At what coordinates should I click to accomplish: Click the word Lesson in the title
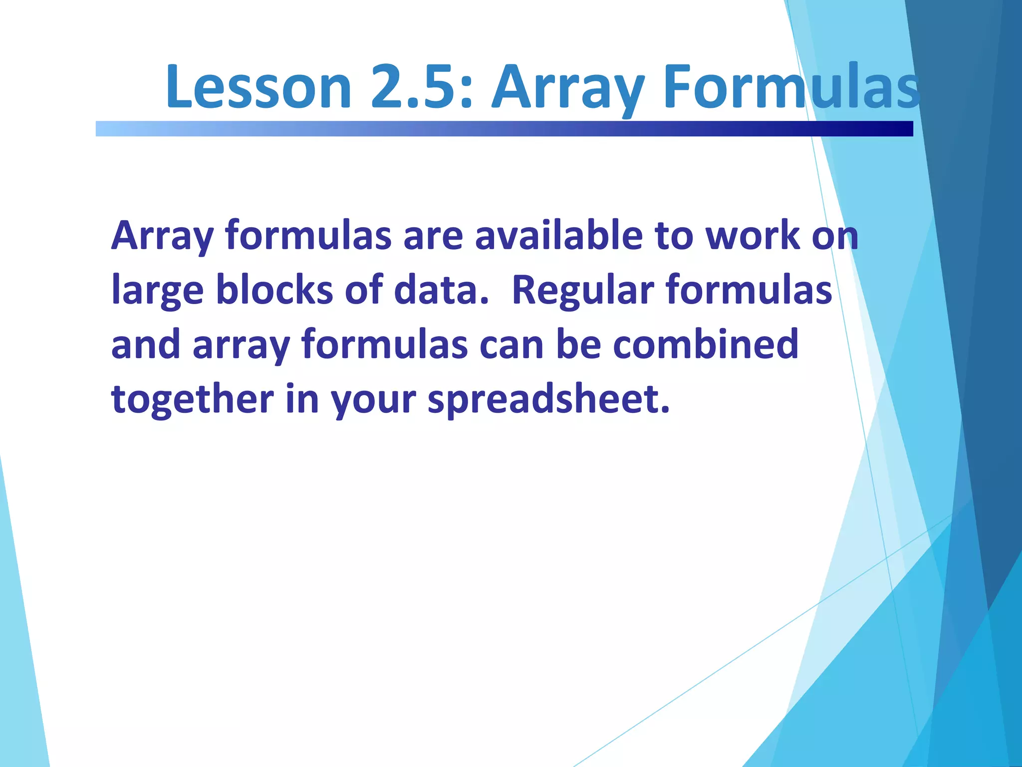pos(258,87)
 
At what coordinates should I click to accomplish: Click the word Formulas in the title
pos(791,87)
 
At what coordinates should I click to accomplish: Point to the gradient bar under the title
pos(504,129)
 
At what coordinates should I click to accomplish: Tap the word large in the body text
pos(157,291)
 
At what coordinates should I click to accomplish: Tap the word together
pos(192,399)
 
